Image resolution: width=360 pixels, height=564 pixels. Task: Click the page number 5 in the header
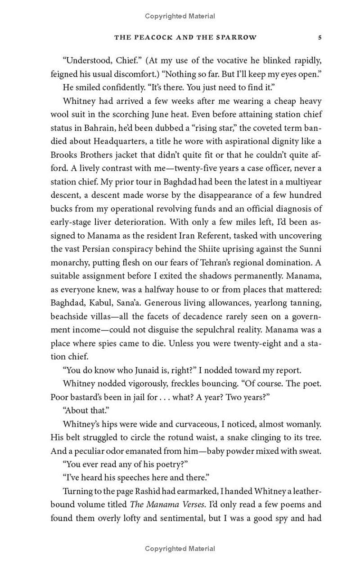(x=319, y=38)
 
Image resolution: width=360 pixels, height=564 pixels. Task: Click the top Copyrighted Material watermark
(x=180, y=16)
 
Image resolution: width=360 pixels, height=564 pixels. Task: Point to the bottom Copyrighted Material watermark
(x=180, y=549)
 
